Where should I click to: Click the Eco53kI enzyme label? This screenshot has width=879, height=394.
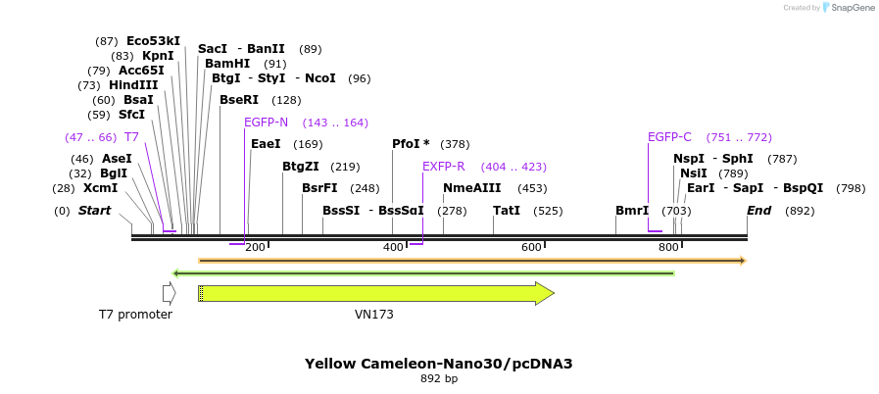[x=153, y=41]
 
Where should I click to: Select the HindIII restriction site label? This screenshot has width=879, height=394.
[x=131, y=85]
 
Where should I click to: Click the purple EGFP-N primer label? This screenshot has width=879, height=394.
[x=266, y=123]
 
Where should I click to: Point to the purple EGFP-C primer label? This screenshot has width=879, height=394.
[x=669, y=137]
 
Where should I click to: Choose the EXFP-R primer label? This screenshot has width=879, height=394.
[x=443, y=167]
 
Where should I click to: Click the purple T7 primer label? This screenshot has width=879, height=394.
[x=131, y=137]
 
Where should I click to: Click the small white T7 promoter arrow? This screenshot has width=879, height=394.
[x=169, y=293]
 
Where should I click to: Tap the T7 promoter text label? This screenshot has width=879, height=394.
[x=135, y=315]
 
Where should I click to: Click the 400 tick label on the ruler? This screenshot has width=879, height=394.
[x=393, y=248]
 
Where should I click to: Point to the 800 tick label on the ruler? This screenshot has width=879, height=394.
[x=668, y=248]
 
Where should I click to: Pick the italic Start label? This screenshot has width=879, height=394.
[x=94, y=211]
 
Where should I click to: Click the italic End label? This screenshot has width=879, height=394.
[x=758, y=211]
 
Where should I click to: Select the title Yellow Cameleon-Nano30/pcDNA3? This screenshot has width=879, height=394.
[x=438, y=363]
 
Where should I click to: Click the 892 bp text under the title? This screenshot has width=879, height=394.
[x=438, y=378]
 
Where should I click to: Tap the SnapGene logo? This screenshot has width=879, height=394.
[x=846, y=8]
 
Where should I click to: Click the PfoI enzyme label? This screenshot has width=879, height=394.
[x=411, y=144]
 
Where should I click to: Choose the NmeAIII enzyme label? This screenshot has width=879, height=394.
[x=471, y=188]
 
